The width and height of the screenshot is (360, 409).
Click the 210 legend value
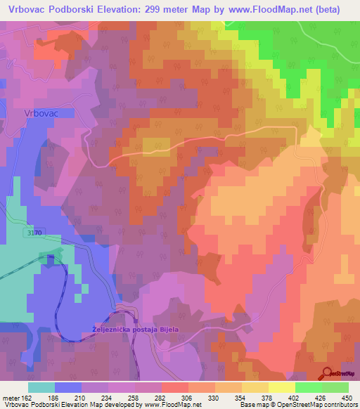80,398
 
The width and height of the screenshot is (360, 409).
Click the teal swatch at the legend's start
41,387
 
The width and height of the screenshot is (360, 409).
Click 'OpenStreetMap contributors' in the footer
317,405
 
